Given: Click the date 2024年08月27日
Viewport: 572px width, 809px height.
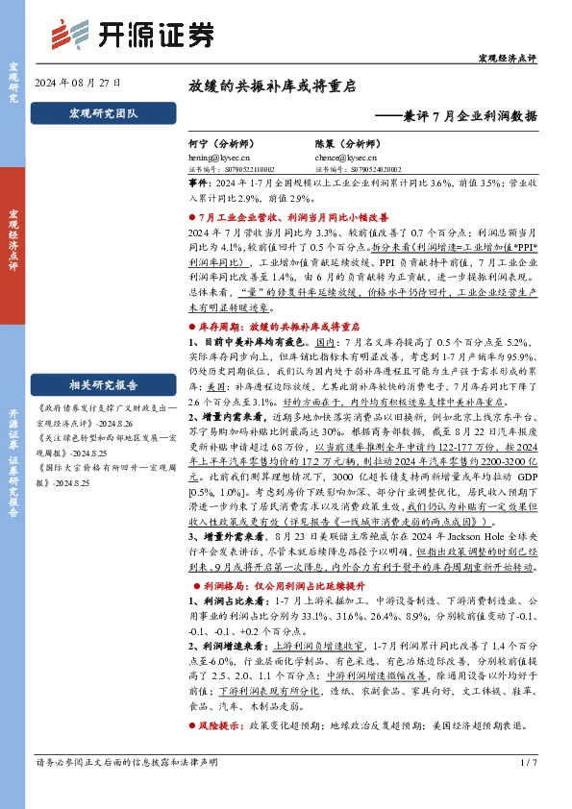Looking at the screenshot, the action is [x=77, y=84].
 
